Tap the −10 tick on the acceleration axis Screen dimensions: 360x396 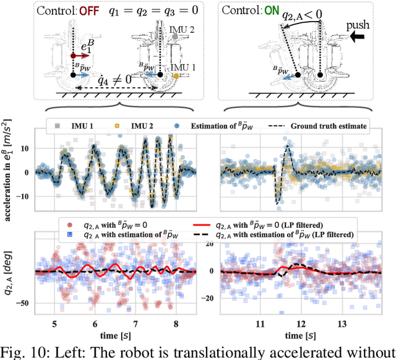pyautogui.click(x=26, y=195)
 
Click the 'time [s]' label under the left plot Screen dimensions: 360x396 pyautogui.click(x=115, y=335)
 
